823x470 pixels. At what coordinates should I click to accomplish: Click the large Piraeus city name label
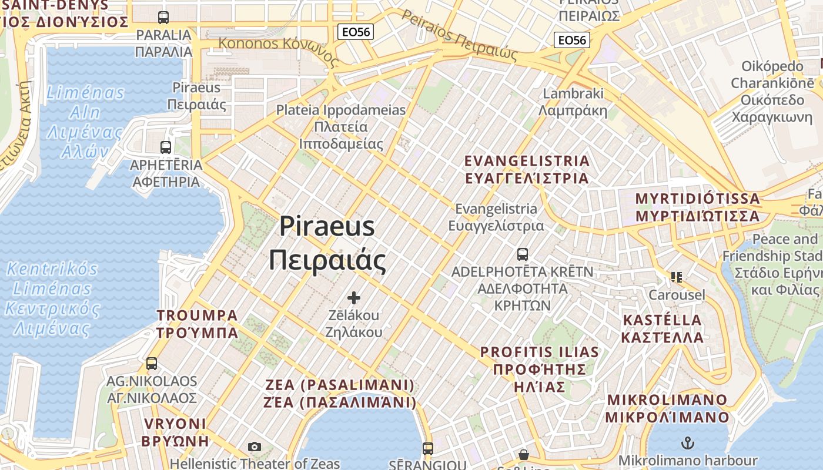(x=327, y=243)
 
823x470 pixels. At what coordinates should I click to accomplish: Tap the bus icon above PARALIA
(x=163, y=18)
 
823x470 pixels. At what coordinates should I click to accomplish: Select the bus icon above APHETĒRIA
(x=166, y=147)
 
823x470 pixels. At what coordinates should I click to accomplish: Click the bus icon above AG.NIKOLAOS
(x=152, y=364)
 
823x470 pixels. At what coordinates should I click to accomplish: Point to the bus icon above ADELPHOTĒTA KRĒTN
(x=522, y=254)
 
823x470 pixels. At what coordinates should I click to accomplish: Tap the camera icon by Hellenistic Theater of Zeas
(x=254, y=447)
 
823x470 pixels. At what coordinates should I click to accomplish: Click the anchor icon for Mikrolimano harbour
(x=687, y=442)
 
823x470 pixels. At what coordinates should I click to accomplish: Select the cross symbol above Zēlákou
(x=353, y=297)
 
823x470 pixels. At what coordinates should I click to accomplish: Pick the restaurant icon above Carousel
(x=677, y=276)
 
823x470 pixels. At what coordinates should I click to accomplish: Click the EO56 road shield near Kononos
(x=356, y=32)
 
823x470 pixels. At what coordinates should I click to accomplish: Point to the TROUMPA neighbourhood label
(x=197, y=324)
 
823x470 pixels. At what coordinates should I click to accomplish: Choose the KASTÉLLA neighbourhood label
(x=663, y=328)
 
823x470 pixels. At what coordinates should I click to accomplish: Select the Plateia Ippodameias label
(x=341, y=126)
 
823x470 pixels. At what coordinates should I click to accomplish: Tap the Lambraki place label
(x=573, y=102)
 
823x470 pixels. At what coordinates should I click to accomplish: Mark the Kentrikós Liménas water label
(x=52, y=298)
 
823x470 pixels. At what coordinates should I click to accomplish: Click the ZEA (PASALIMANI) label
(x=340, y=394)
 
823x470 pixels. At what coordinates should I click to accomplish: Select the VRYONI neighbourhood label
(x=176, y=432)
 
